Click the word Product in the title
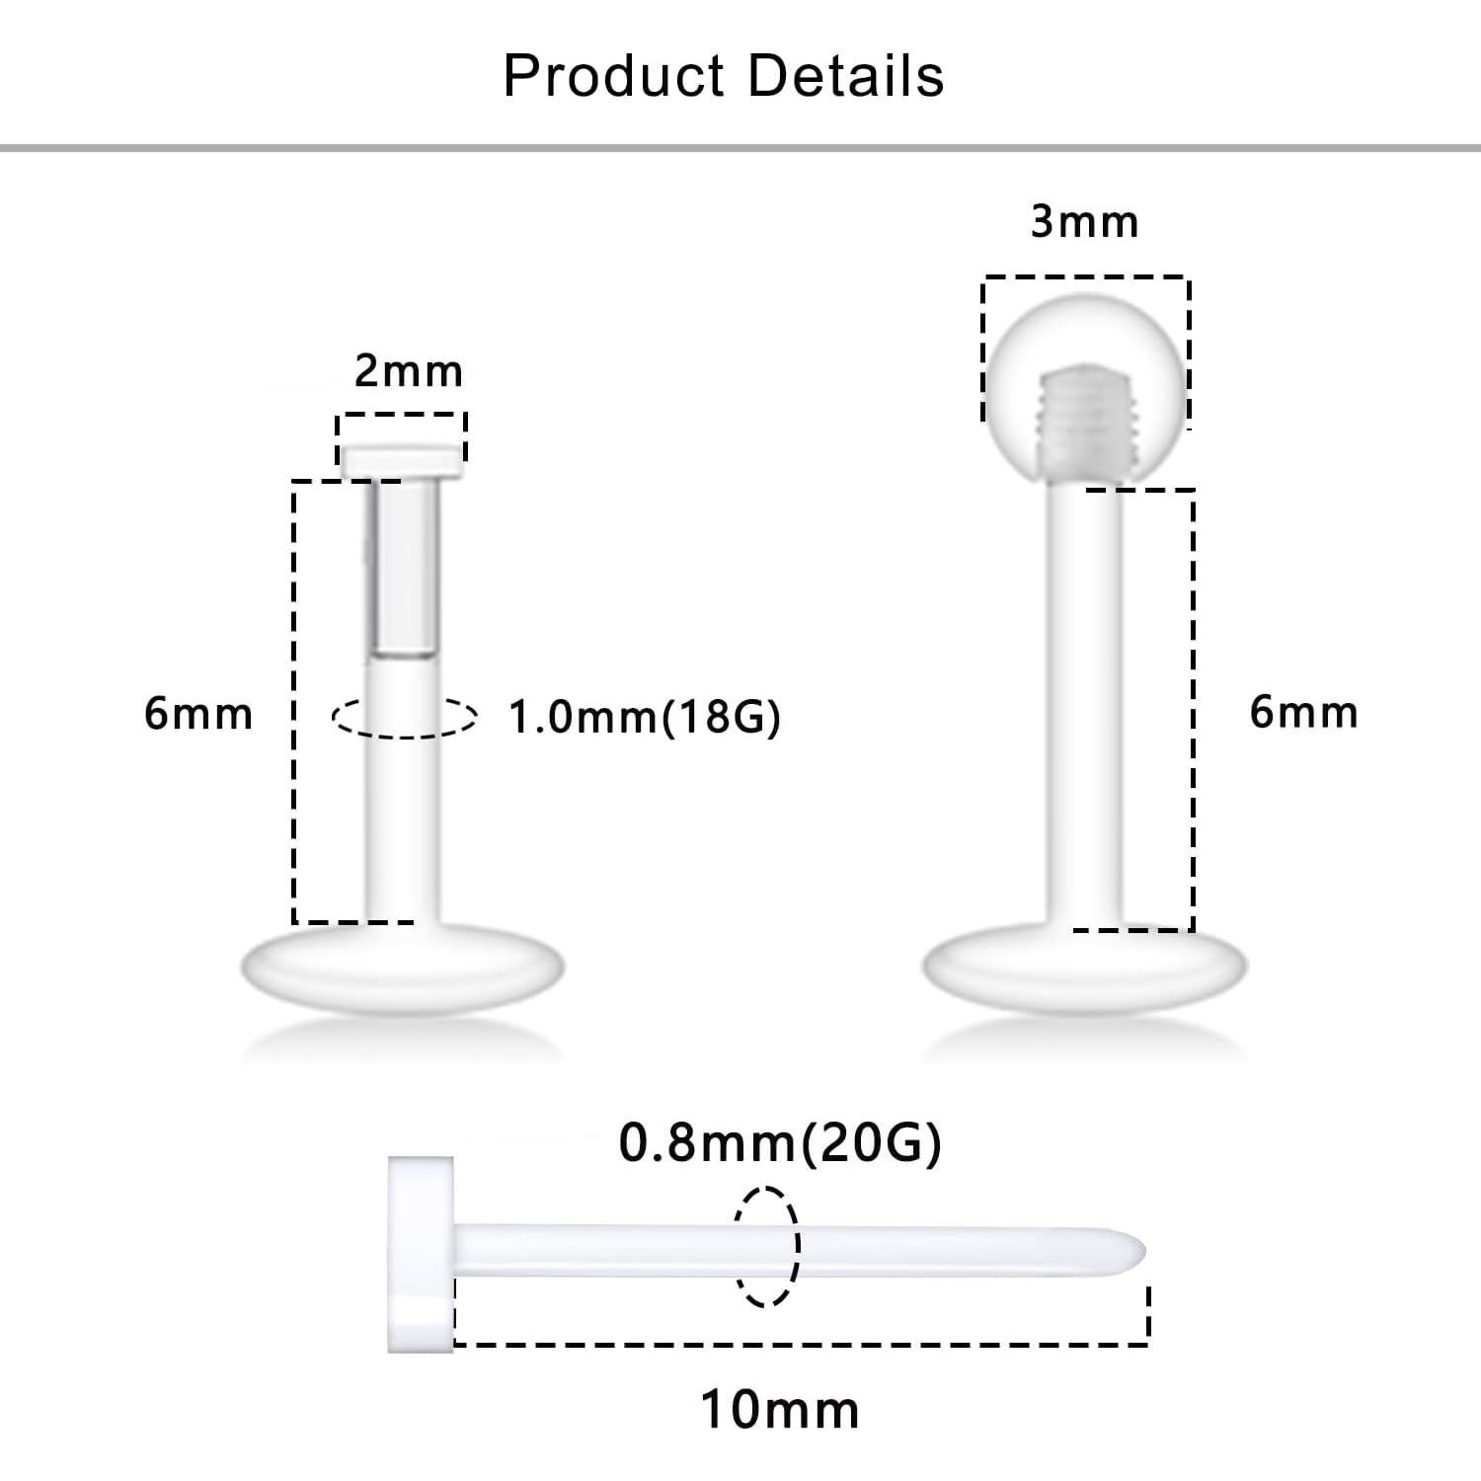tap(613, 76)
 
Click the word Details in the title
tap(846, 76)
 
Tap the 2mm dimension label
tap(409, 372)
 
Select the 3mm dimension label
tap(1084, 222)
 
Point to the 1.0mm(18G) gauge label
tap(644, 717)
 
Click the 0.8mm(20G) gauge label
tap(780, 1143)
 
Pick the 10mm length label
tap(780, 1409)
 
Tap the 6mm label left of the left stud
tap(198, 713)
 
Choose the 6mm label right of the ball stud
tap(1303, 712)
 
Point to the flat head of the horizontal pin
tap(421, 1254)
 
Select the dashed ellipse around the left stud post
tap(404, 717)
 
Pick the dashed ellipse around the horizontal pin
tap(765, 1246)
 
